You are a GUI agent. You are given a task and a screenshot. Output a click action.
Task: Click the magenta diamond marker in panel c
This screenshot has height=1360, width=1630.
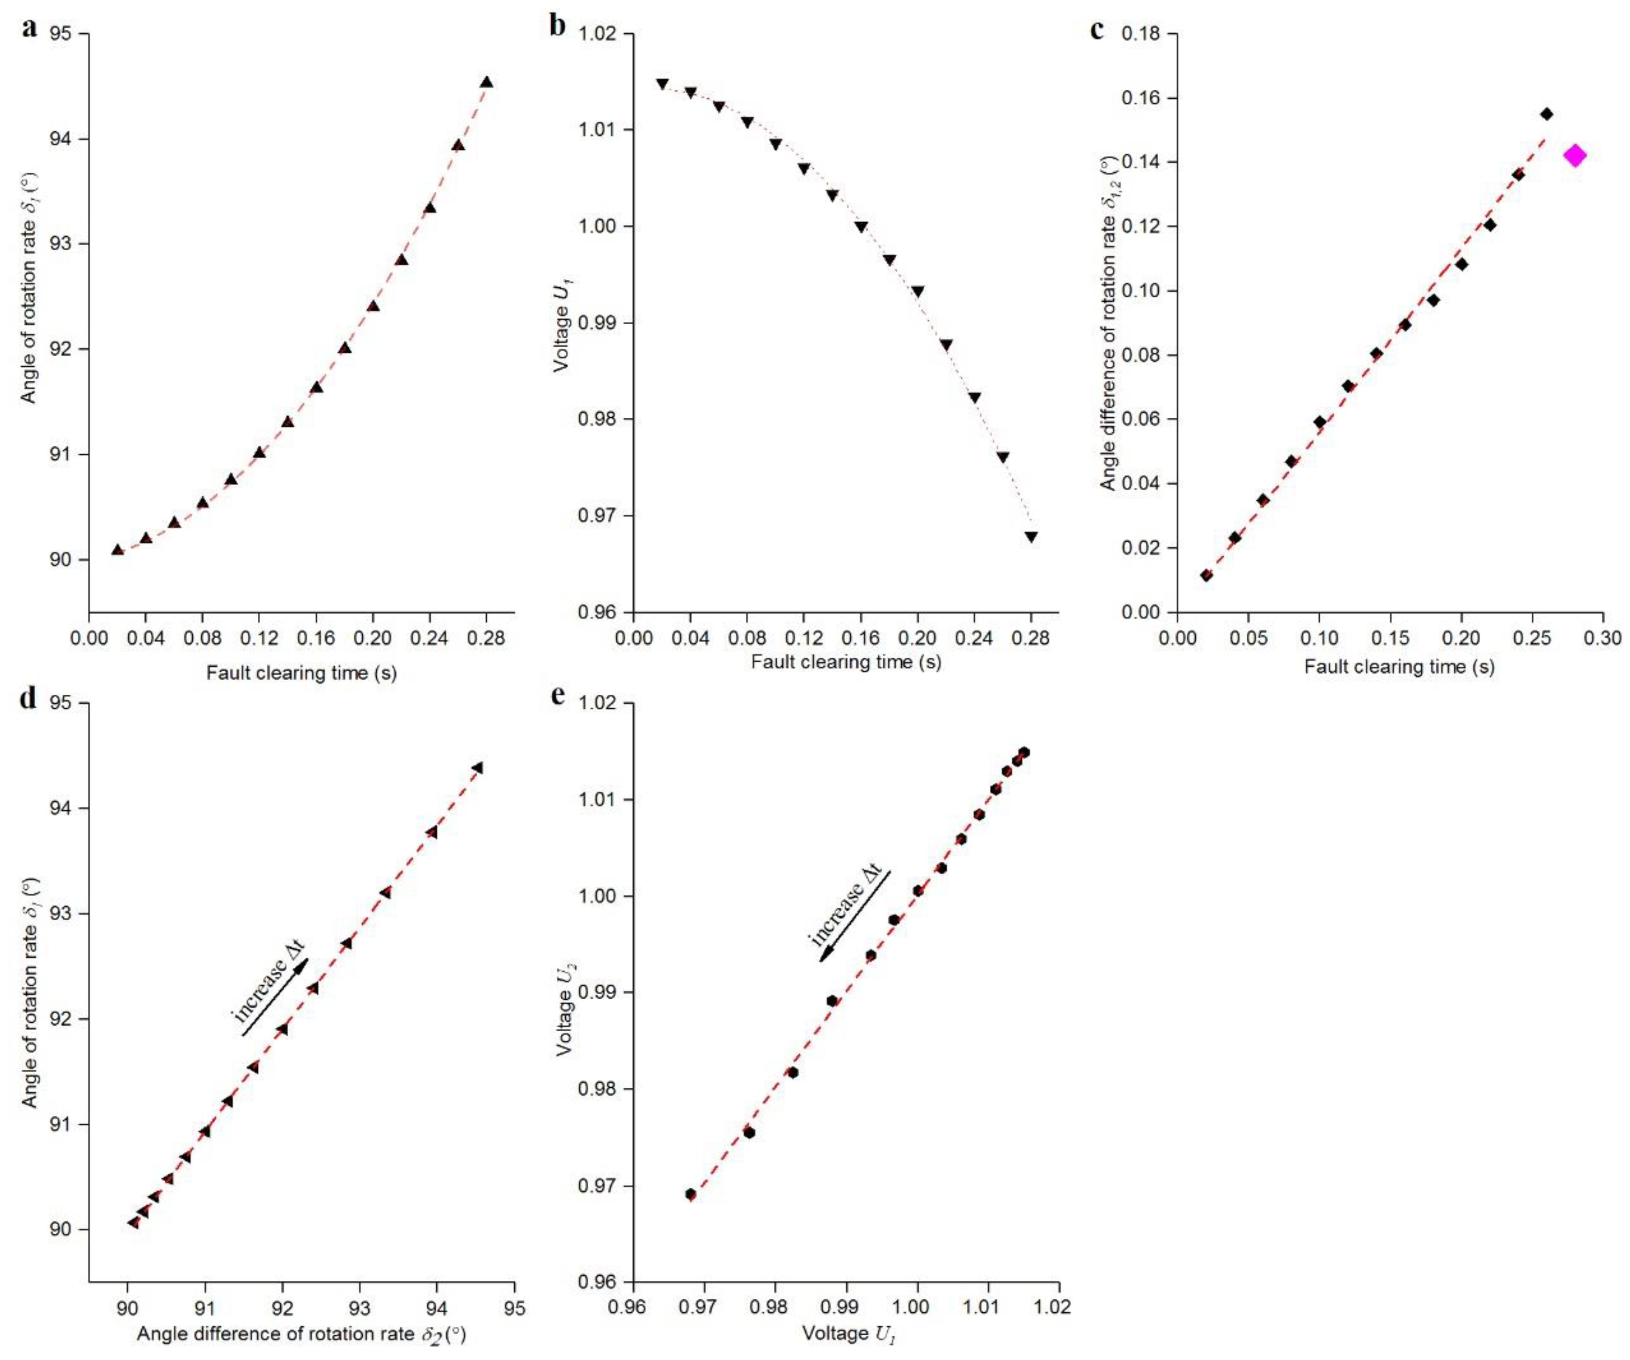click(x=1575, y=156)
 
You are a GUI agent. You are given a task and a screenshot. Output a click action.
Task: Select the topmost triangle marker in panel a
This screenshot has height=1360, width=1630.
click(x=487, y=82)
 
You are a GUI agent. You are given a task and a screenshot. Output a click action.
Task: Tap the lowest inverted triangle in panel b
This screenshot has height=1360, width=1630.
click(x=1031, y=536)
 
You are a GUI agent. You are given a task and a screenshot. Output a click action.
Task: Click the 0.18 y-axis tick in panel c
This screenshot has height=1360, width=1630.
click(x=1142, y=34)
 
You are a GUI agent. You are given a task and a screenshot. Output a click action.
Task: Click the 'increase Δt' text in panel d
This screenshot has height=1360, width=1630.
click(x=270, y=982)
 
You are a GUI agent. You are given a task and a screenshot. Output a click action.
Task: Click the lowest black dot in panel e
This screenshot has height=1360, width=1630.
click(x=690, y=1194)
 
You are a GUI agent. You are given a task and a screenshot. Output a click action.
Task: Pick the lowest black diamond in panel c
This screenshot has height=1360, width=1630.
click(x=1206, y=575)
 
